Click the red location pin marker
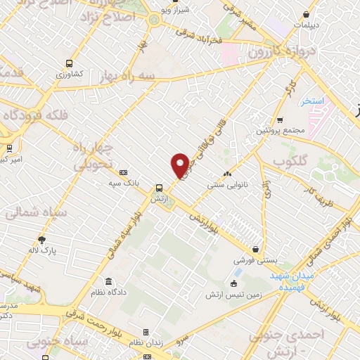point(180,165)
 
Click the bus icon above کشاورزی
point(69,63)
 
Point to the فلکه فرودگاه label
point(35,114)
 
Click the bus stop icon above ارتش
point(160,188)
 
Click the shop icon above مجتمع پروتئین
point(280,120)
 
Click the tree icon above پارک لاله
point(41,239)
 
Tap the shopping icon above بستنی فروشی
point(255,249)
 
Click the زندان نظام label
point(146,342)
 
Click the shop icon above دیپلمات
point(307,13)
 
